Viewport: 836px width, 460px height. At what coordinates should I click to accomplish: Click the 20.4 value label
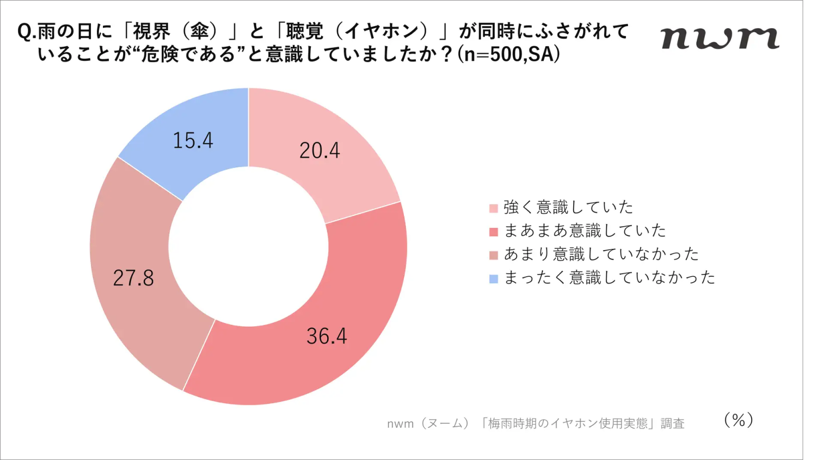pos(319,151)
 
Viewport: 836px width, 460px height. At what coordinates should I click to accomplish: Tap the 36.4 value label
pos(327,336)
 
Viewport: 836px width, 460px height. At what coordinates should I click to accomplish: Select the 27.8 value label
pos(133,278)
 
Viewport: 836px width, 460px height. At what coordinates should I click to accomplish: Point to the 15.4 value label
pos(193,140)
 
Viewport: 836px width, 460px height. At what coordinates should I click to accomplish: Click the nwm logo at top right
pos(720,38)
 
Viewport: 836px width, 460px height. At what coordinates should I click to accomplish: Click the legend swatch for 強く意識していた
pos(494,208)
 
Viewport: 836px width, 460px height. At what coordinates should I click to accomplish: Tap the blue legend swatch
pos(494,279)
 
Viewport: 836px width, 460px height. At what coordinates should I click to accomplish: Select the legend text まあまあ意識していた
pos(585,231)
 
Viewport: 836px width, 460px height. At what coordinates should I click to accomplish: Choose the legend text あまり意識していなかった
pos(601,254)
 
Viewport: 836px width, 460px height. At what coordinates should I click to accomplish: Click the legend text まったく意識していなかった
pos(610,277)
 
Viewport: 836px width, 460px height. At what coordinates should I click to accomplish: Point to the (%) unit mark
pos(739,420)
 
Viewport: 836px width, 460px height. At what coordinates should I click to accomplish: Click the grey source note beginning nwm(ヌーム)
pos(536,424)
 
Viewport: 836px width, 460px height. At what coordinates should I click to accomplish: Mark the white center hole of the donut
pos(248,246)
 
